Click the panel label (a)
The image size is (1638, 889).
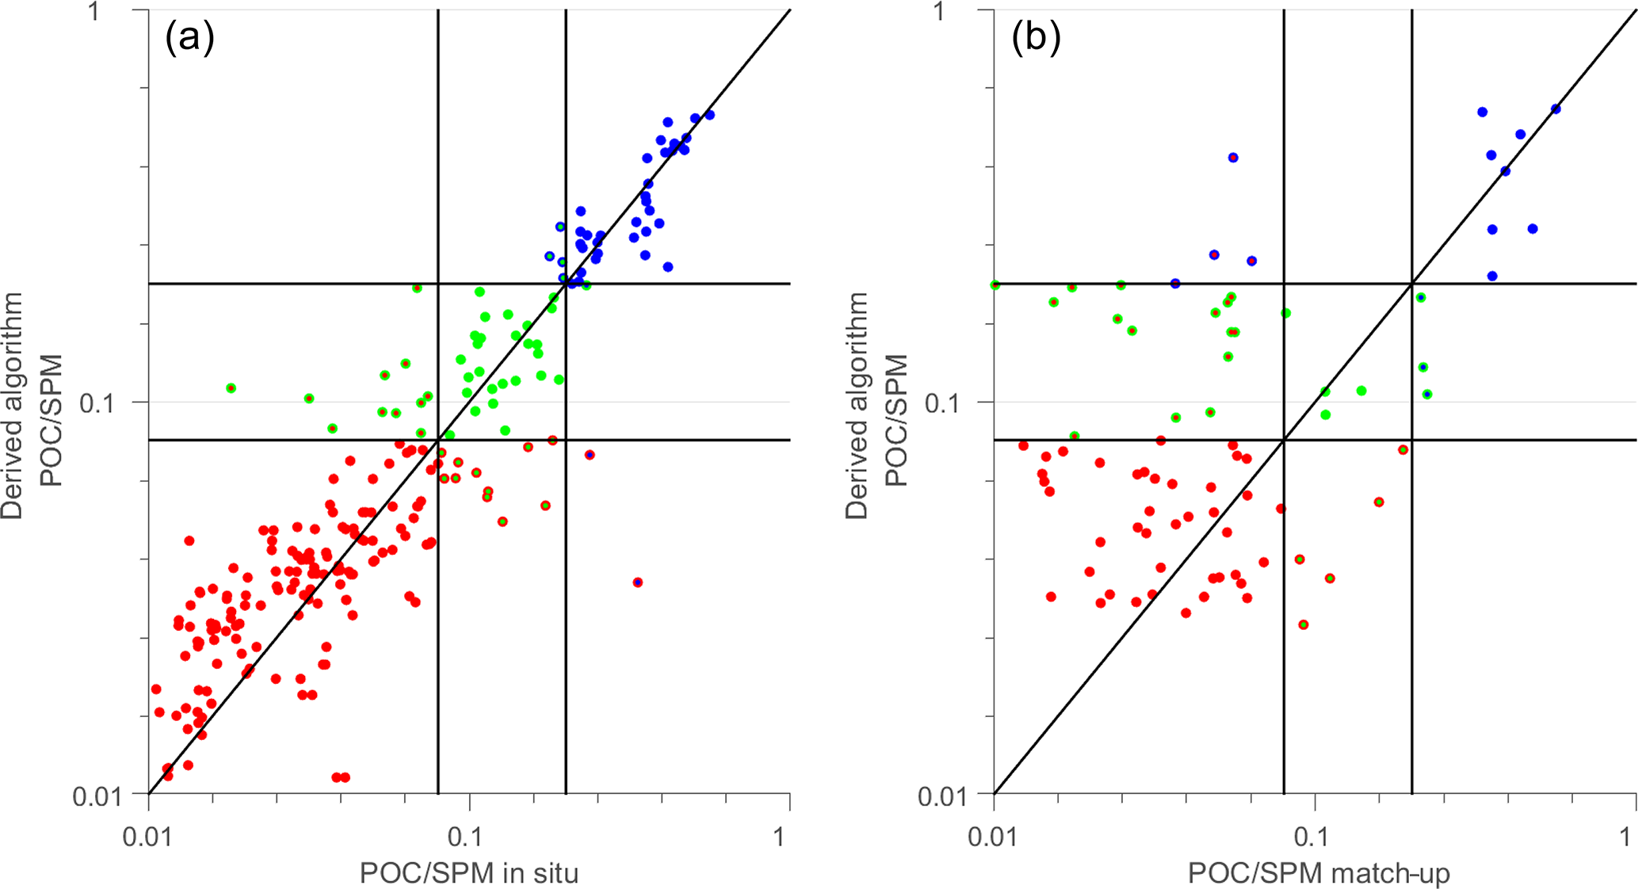pyautogui.click(x=189, y=37)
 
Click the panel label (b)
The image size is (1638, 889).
pyautogui.click(x=1035, y=37)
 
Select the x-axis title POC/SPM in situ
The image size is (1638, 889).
pyautogui.click(x=469, y=873)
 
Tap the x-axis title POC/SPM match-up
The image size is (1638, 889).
pyautogui.click(x=1319, y=873)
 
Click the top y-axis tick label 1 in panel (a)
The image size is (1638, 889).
pyautogui.click(x=94, y=12)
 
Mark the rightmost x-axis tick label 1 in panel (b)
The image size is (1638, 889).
pyautogui.click(x=1625, y=837)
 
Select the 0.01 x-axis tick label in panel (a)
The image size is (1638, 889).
pyautogui.click(x=147, y=837)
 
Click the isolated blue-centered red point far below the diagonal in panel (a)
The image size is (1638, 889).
pyautogui.click(x=638, y=582)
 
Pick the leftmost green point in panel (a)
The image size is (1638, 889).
pyautogui.click(x=231, y=388)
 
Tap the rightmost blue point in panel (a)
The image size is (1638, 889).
pyautogui.click(x=710, y=115)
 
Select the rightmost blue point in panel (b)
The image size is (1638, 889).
pyautogui.click(x=1556, y=109)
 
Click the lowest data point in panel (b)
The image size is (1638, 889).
pyautogui.click(x=1304, y=625)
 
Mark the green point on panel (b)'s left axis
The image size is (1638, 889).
pyautogui.click(x=995, y=285)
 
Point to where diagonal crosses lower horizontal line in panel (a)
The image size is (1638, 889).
pyautogui.click(x=438, y=440)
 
